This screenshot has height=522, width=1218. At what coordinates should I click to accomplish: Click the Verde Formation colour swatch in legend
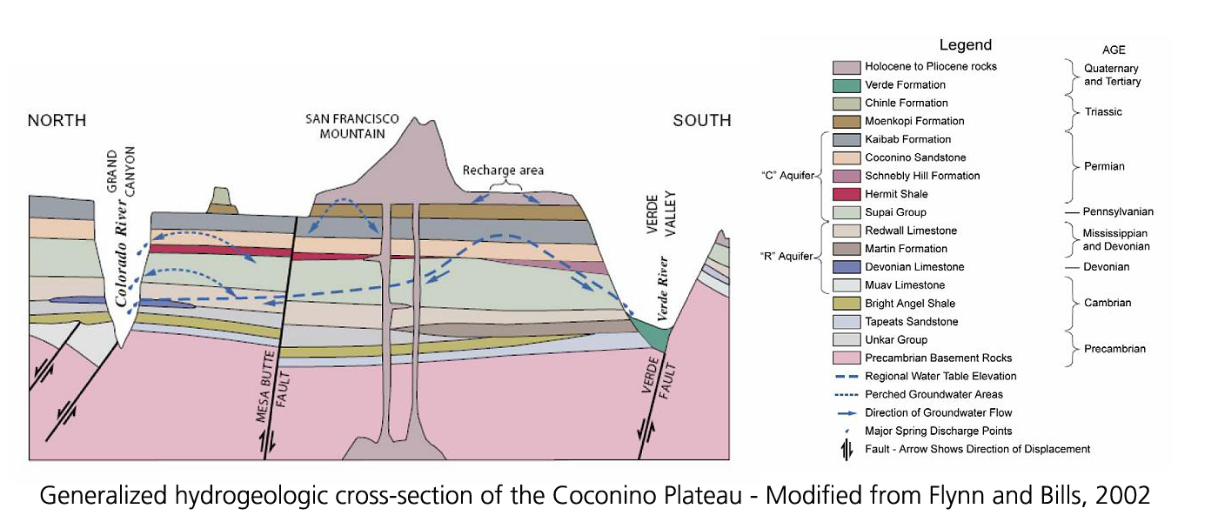click(x=847, y=85)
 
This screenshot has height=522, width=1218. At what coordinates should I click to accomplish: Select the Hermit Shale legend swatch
click(x=847, y=194)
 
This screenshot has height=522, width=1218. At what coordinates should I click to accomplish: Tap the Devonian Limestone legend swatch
click(x=847, y=267)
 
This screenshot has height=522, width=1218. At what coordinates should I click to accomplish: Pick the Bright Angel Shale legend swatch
click(x=847, y=304)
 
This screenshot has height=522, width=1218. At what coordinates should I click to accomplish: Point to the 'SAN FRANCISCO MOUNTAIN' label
click(x=351, y=127)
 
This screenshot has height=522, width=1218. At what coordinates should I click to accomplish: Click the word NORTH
click(x=57, y=121)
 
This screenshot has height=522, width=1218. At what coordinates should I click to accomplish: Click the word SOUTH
click(x=701, y=121)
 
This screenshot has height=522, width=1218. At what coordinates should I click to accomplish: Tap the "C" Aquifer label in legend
click(x=787, y=176)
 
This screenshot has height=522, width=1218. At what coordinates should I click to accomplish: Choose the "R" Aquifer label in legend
click(x=787, y=257)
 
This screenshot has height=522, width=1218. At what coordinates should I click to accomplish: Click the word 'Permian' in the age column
click(x=1106, y=166)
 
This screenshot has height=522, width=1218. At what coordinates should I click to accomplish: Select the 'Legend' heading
click(x=965, y=45)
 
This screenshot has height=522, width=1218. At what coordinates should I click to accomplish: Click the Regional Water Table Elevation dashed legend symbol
click(x=846, y=377)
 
